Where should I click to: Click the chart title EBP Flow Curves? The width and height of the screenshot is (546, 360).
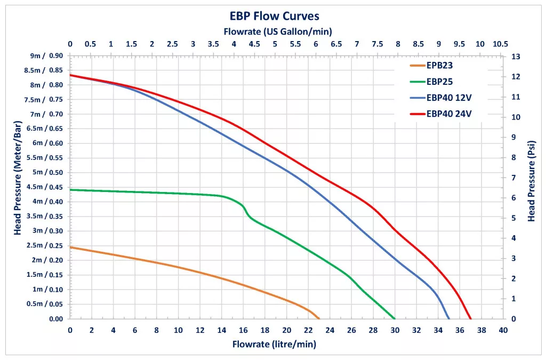click(275, 16)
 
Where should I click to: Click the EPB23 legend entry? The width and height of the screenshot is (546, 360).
click(439, 67)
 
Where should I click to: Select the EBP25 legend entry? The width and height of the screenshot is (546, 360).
click(439, 82)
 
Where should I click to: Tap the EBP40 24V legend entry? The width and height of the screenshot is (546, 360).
click(448, 114)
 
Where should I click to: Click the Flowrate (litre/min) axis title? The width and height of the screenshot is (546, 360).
click(274, 344)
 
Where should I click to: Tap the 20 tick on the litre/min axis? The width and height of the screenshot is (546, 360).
click(286, 330)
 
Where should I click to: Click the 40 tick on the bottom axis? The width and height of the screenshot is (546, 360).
click(503, 330)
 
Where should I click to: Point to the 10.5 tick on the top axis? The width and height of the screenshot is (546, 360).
click(501, 44)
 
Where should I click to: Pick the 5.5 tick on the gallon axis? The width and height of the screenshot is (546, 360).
click(295, 44)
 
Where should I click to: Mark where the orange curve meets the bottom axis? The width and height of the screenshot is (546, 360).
click(319, 319)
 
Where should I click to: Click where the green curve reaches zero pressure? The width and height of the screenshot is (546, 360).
click(395, 319)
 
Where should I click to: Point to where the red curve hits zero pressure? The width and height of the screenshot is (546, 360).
click(470, 319)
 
